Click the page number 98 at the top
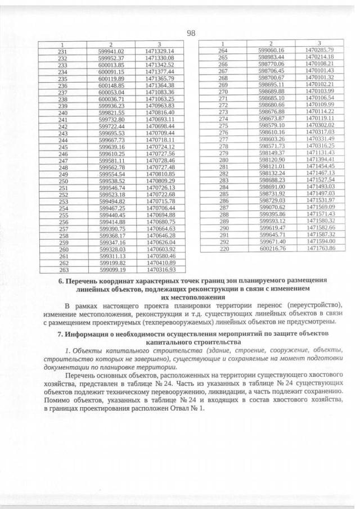pos(191,33)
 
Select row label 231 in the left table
pos(62,51)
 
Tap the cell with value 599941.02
pos(111,51)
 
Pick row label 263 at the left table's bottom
pos(64,269)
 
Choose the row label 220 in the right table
pos(224,248)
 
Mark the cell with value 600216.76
pos(272,248)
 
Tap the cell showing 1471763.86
pos(320,248)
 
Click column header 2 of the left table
pos(111,44)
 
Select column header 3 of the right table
pos(319,43)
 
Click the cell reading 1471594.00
pos(320,241)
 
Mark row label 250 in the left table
pos(63,181)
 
